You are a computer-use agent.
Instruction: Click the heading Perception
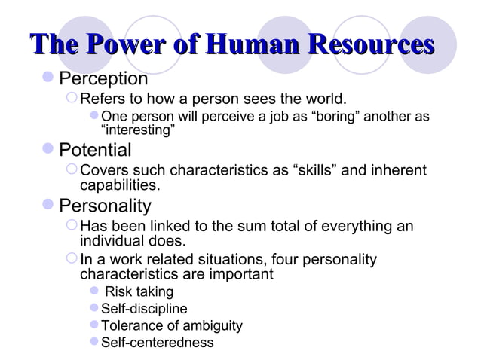pos(103,79)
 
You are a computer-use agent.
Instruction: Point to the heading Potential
pos(95,149)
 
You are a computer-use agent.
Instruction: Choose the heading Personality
pos(105,206)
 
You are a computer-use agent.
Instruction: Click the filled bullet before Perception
pos(49,79)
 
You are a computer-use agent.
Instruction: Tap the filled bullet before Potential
pos(49,149)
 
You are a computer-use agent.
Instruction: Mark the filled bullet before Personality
pos(49,206)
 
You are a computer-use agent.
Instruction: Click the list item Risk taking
pos(139,291)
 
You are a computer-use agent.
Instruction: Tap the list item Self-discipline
pos(144,309)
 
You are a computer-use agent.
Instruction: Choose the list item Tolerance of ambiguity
pos(172,326)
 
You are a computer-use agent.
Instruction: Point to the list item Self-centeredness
pos(157,343)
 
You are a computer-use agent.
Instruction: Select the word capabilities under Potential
pos(119,185)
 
